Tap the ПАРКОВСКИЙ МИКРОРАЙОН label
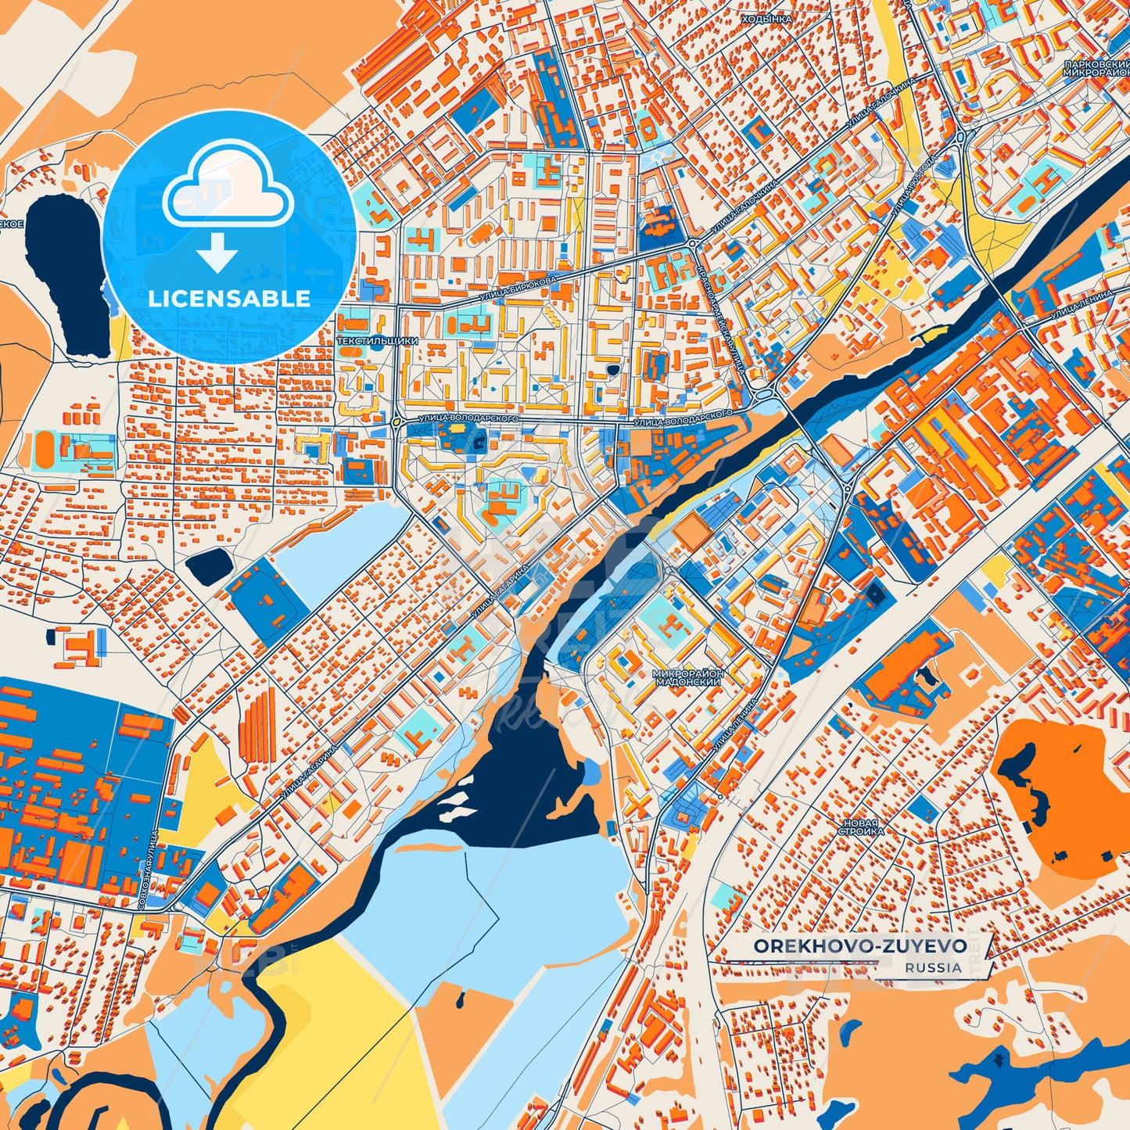1096,67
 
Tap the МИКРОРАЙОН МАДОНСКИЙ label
688,677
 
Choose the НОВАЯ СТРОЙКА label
861,827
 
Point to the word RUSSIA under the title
933,967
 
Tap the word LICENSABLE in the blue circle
229,298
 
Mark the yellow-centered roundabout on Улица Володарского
396,422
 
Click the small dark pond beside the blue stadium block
207,565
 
